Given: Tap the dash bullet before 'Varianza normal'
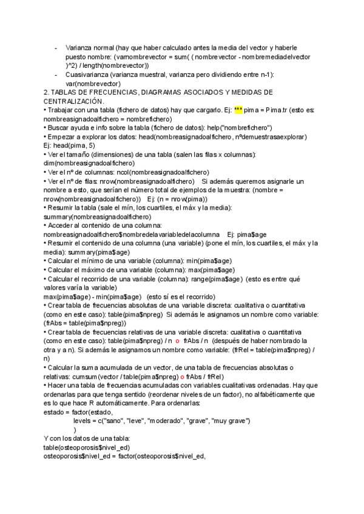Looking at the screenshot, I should (x=56, y=47).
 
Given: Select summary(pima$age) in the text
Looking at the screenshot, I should (x=96, y=252).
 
